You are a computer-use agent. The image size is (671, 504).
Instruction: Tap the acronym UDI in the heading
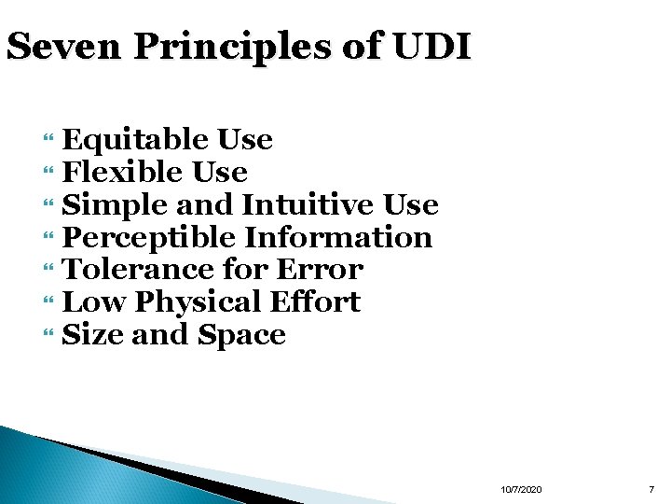[435, 48]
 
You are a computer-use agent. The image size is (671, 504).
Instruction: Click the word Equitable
[135, 140]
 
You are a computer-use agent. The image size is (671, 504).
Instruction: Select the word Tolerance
[138, 270]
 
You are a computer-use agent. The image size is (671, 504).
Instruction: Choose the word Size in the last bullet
[92, 335]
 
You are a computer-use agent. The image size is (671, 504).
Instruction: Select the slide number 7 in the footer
[652, 490]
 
